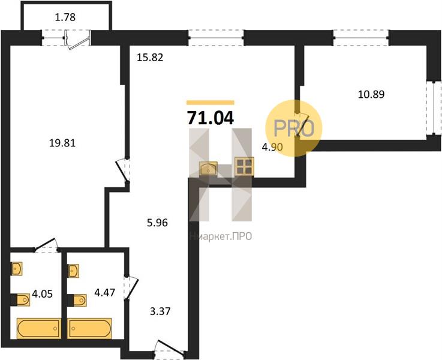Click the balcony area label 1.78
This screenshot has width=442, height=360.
65,17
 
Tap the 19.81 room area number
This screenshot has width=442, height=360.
62,143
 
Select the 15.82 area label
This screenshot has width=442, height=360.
150,58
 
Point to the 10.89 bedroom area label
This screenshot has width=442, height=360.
371,94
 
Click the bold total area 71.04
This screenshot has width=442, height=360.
211,118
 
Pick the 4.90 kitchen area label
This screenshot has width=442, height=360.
272,147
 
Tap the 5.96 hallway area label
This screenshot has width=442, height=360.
157,223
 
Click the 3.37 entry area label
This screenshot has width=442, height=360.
160,311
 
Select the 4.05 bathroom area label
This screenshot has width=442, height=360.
43,295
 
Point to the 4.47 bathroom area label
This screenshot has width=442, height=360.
104,293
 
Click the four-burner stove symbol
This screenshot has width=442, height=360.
245,166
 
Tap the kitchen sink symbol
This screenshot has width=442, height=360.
208,169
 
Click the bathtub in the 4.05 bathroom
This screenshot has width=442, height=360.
39,328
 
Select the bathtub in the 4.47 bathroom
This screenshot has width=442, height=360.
89,328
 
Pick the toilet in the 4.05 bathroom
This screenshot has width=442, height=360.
21,299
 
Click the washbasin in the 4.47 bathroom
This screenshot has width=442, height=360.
73,271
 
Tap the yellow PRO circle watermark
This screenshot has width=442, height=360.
294,128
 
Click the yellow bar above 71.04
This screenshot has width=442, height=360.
211,103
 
